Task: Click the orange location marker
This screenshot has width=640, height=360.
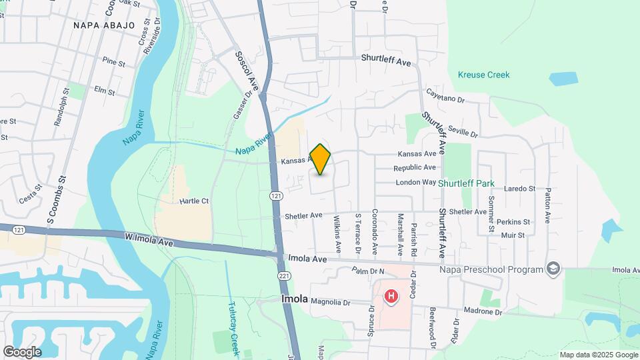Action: [x=320, y=159]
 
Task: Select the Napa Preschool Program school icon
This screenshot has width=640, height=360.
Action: [x=553, y=269]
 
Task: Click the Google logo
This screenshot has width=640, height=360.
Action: [x=22, y=351]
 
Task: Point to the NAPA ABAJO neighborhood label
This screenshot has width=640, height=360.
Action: [x=104, y=25]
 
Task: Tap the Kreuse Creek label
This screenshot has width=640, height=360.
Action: [x=484, y=75]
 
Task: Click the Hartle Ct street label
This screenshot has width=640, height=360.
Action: [x=194, y=201]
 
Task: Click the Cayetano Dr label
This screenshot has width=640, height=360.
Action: [x=445, y=97]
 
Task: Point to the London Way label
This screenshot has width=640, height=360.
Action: [x=415, y=182]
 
